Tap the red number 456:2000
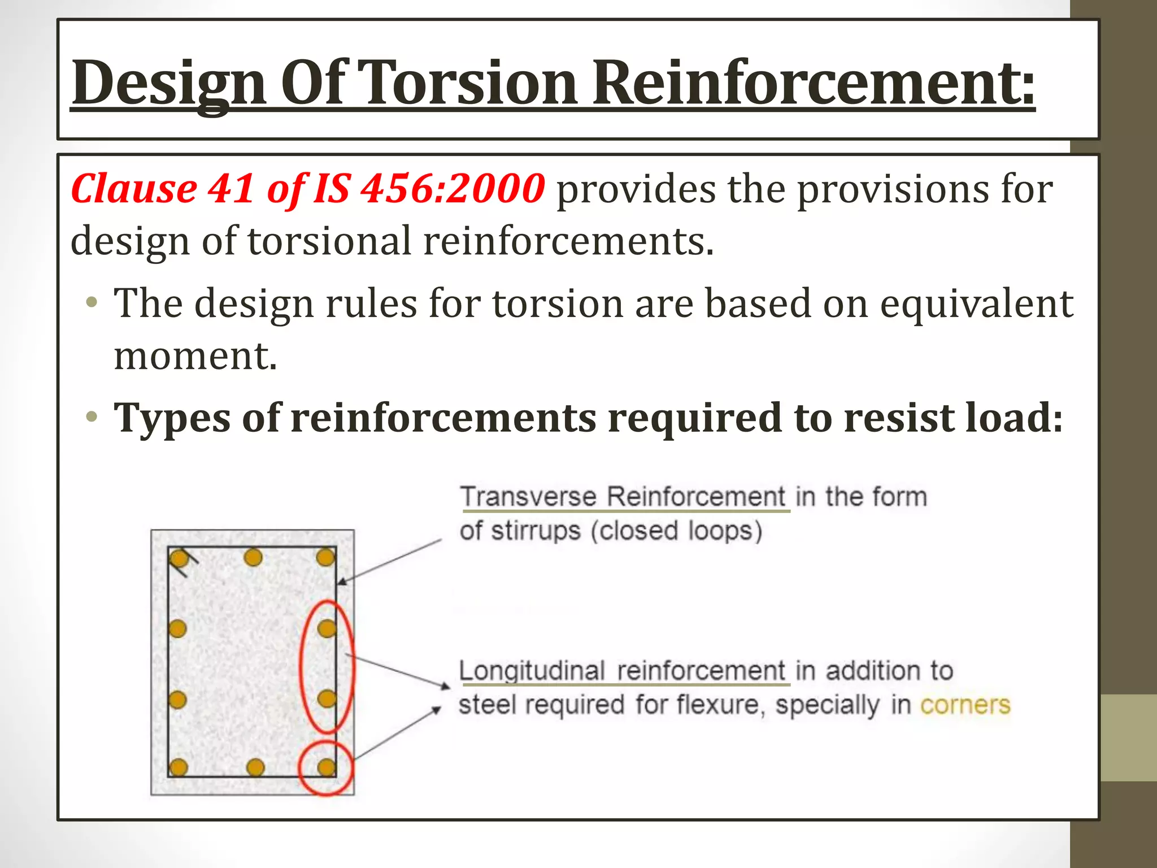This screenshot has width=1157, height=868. coord(453,188)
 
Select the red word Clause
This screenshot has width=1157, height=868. coord(134,188)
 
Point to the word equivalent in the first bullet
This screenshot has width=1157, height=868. coord(976,303)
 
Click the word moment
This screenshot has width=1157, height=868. coord(195,356)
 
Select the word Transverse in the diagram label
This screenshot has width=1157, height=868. coord(529,497)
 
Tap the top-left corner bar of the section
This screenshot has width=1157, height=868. coord(179,559)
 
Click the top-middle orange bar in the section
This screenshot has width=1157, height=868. coord(253,558)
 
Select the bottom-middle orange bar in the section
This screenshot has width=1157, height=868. coord(255,767)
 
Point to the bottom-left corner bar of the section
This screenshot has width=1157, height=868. coord(179,767)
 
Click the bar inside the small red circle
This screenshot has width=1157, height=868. coord(326,767)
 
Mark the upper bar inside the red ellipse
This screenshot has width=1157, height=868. coord(326,628)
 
